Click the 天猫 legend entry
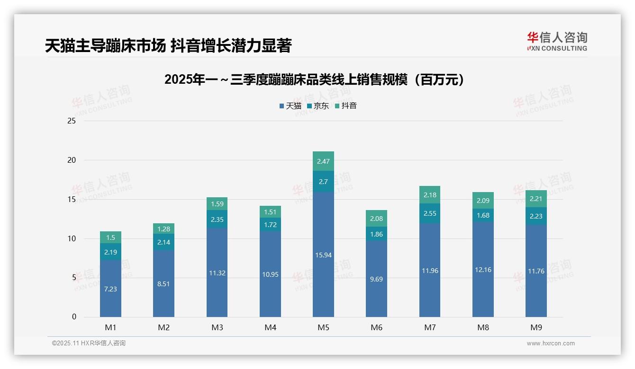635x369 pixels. pyautogui.click(x=290, y=106)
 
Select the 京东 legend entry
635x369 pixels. pyautogui.click(x=318, y=106)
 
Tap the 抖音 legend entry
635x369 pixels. pyautogui.click(x=346, y=106)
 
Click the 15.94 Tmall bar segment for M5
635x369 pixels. pyautogui.click(x=324, y=255)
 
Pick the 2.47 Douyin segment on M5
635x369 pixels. pyautogui.click(x=324, y=161)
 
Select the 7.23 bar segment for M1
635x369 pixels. pyautogui.click(x=110, y=289)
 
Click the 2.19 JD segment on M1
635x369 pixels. pyautogui.click(x=110, y=252)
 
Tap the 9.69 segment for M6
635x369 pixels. pyautogui.click(x=377, y=279)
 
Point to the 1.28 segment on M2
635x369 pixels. pyautogui.click(x=163, y=229)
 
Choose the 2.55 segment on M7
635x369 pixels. pyautogui.click(x=430, y=213)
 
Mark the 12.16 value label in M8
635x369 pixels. pyautogui.click(x=483, y=270)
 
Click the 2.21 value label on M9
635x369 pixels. pyautogui.click(x=536, y=199)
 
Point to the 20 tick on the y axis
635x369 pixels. pyautogui.click(x=72, y=160)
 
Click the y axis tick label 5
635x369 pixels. pyautogui.click(x=74, y=278)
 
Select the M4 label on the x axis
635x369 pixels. pyautogui.click(x=270, y=327)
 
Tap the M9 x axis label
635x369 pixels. pyautogui.click(x=536, y=327)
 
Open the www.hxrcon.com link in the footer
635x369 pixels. pyautogui.click(x=551, y=343)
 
